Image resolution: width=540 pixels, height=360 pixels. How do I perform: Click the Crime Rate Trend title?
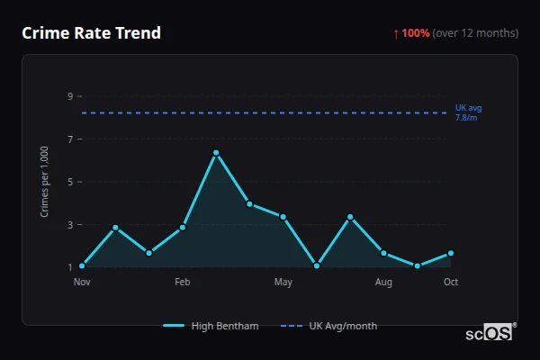[91, 33]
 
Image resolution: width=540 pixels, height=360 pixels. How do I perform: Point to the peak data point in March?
[216, 153]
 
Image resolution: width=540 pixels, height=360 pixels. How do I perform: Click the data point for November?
[82, 266]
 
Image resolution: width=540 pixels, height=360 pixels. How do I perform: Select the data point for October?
[450, 253]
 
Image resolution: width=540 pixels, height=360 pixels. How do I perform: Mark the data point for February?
[183, 227]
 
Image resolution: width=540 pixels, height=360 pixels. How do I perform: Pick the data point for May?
[283, 217]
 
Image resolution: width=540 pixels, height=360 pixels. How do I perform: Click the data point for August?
[383, 253]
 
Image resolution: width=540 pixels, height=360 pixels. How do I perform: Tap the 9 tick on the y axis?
[70, 96]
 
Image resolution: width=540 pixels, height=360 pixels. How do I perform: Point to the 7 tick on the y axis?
[70, 139]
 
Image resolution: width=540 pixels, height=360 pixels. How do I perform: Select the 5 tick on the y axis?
[70, 182]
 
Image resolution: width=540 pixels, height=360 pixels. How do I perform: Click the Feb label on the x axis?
[183, 283]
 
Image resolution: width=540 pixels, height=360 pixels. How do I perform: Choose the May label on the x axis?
[283, 283]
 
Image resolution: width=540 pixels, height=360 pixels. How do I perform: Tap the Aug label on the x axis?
[383, 283]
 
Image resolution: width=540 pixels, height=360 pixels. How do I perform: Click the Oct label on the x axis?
[451, 283]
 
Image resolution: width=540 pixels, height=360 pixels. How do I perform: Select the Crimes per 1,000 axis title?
[45, 181]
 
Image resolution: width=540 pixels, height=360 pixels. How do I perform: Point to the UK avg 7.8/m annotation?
[468, 112]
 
